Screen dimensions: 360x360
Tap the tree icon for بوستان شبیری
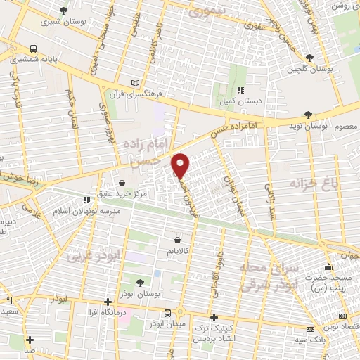[64, 11]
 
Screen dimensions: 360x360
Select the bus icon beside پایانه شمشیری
[34, 49]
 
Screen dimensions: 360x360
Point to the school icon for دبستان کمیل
[240, 90]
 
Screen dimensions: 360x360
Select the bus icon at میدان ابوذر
[167, 313]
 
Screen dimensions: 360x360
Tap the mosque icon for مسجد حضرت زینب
[328, 267]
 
